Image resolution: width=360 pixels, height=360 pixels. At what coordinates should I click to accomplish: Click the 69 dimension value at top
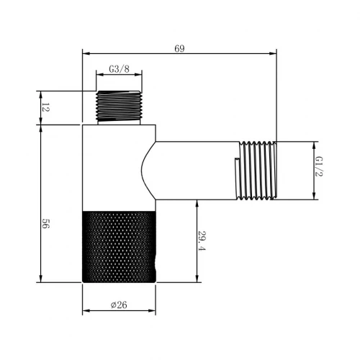tap(179, 48)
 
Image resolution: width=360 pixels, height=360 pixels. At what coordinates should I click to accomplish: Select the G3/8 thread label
tap(119, 69)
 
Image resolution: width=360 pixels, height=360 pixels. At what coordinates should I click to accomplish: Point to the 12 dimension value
tap(45, 108)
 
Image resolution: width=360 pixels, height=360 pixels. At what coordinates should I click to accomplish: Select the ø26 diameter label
tap(120, 304)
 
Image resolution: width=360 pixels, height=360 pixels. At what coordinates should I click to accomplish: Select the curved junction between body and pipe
tap(148, 170)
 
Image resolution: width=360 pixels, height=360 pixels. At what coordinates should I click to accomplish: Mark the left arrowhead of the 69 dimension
tap(86, 53)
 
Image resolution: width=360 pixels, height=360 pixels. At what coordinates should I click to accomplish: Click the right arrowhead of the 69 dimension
tap(274, 53)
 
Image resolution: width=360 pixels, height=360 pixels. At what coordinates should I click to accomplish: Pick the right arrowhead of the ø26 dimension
tap(153, 311)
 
